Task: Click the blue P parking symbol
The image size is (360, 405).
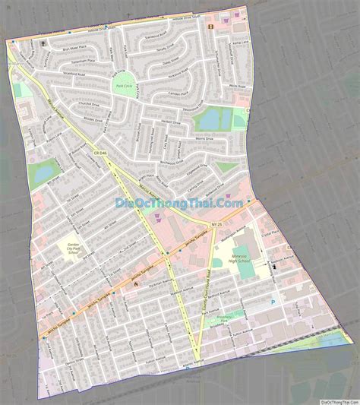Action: [274, 302]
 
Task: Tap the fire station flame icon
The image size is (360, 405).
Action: [134, 283]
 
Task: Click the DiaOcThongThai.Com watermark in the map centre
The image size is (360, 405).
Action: [179, 203]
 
